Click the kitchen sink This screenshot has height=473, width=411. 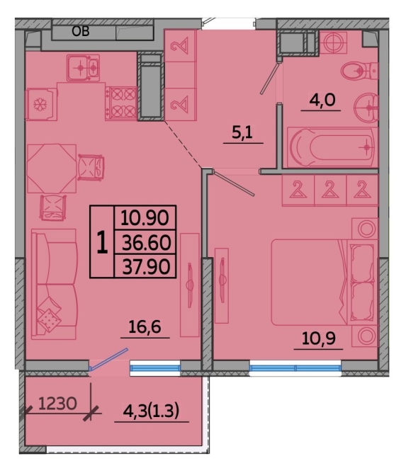pyautogui.click(x=83, y=68)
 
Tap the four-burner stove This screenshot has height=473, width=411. pyautogui.click(x=121, y=103)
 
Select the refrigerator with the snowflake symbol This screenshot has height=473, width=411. pyautogui.click(x=41, y=104)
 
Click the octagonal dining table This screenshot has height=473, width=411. pyautogui.click(x=52, y=169)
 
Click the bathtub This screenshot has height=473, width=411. pyautogui.click(x=332, y=147)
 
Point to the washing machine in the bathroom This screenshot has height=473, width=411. pyautogui.click(x=333, y=42)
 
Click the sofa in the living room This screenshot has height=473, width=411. pyautogui.click(x=55, y=284)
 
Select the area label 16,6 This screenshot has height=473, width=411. pyautogui.click(x=145, y=326)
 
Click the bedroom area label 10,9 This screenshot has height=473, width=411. pyautogui.click(x=319, y=338)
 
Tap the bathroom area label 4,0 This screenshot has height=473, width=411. pyautogui.click(x=322, y=100)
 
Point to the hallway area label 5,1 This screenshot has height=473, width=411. pyautogui.click(x=242, y=132)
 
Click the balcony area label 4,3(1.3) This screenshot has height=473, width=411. pyautogui.click(x=152, y=411)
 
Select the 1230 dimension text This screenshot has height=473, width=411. pyautogui.click(x=57, y=404)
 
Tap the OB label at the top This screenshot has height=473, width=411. pyautogui.click(x=81, y=31)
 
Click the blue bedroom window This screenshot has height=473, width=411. pyautogui.click(x=295, y=368)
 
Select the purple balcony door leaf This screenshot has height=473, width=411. pyautogui.click(x=108, y=359)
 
